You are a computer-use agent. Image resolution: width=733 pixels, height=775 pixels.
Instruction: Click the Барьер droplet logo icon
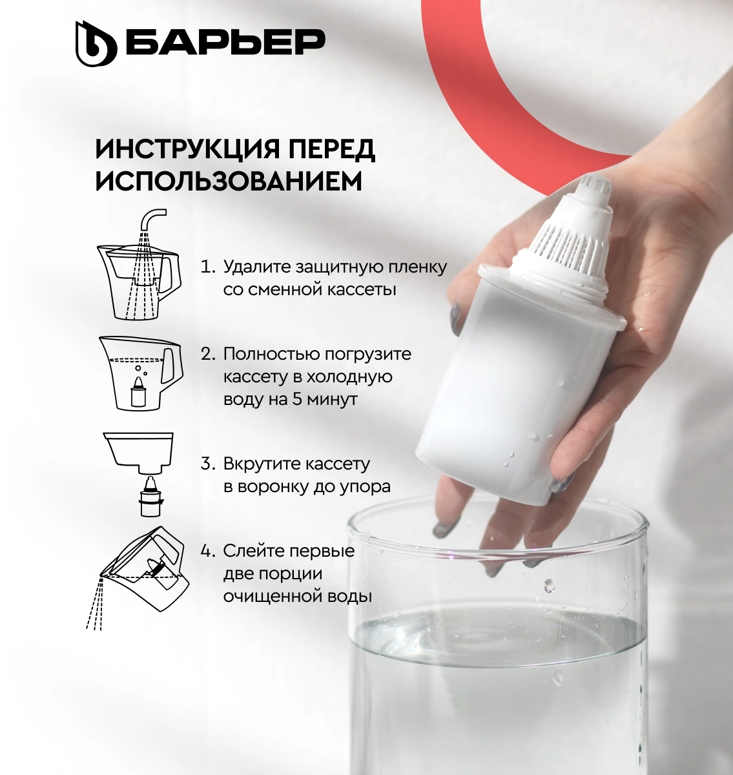pyautogui.click(x=96, y=43)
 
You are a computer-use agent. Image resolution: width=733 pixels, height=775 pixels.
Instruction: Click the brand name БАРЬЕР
pyautogui.click(x=225, y=42)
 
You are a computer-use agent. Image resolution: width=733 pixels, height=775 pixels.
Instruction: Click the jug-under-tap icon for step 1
pyautogui.click(x=139, y=264)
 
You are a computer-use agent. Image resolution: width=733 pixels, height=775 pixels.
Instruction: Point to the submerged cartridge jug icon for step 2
pyautogui.click(x=139, y=373)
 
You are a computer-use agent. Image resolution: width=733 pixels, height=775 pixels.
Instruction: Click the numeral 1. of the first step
pyautogui.click(x=208, y=267)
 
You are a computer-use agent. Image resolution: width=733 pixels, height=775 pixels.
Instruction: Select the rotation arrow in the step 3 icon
pyautogui.click(x=151, y=501)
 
